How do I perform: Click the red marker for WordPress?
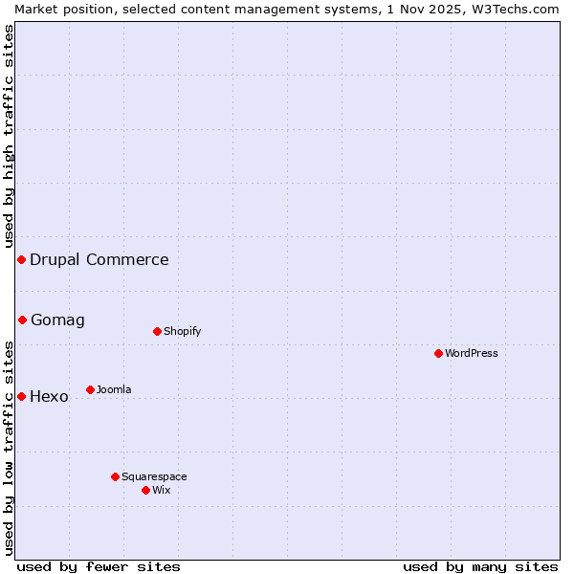[438, 353]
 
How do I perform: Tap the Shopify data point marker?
[157, 331]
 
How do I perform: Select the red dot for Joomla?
[90, 389]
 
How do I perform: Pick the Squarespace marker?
[115, 476]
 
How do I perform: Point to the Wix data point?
[145, 490]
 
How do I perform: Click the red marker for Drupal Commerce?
[21, 259]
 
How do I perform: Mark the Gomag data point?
[22, 320]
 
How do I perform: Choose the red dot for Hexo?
[21, 396]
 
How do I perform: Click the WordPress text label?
[472, 353]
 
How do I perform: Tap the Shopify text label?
[182, 331]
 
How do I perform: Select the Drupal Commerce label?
[99, 259]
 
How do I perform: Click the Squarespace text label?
[154, 476]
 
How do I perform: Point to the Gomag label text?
[57, 320]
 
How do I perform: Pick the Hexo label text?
[49, 396]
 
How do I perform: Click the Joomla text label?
[114, 389]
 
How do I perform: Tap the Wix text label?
[161, 490]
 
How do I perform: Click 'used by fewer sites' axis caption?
[99, 566]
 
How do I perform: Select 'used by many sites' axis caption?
[480, 566]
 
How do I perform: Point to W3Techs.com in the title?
[513, 9]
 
